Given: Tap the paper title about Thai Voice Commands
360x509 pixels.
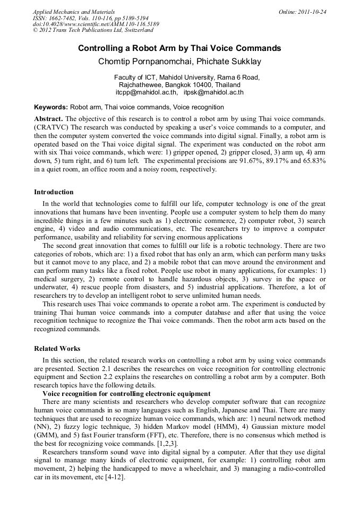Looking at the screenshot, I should click(x=179, y=48).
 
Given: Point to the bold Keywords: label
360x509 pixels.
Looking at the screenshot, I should click(x=51, y=107).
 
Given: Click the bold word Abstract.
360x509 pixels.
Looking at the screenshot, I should click(x=48, y=118).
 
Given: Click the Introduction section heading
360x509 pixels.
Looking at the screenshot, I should click(x=54, y=192).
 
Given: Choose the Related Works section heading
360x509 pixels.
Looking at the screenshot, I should click(x=57, y=349).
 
